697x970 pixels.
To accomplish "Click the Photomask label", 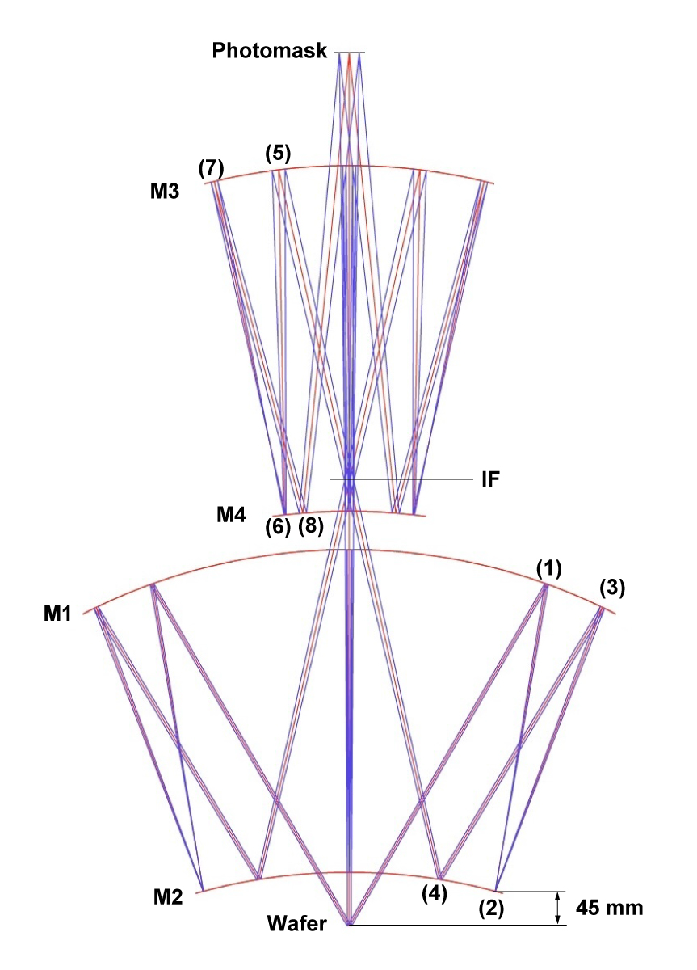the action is point(269,51).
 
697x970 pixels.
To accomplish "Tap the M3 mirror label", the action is point(165,191).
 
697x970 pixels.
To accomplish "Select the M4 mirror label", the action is point(231,515).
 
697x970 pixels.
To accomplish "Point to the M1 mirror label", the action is point(57,614).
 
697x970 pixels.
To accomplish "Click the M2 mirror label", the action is point(168,897).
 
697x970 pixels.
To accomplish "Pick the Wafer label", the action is point(296,923).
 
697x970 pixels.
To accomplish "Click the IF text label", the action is point(490,479).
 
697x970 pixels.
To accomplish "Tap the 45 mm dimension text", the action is point(609,908).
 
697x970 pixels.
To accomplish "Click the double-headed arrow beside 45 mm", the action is point(558,908).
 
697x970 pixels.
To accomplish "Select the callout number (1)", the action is point(548,568).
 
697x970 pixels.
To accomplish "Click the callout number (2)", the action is point(491,908).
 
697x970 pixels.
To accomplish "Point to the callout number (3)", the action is point(612,588).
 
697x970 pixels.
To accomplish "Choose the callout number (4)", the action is point(434,893).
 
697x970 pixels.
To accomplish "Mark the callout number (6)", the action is point(277,527).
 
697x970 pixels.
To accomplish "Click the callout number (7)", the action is point(211,168).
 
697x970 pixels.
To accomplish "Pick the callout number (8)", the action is point(311,527).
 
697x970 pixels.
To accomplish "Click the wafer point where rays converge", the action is point(349,925).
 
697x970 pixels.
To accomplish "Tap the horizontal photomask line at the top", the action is point(349,53).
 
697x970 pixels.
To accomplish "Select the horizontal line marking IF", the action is point(401,479).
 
